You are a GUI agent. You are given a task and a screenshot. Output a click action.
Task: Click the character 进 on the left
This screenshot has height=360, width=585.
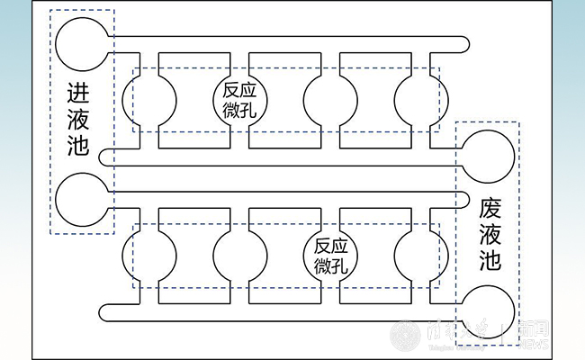78,93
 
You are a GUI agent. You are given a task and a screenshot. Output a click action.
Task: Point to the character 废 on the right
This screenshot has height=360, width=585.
489,206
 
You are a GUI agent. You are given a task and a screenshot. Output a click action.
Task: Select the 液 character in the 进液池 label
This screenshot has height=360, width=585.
78,119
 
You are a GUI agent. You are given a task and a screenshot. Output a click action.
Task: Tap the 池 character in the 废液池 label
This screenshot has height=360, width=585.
489,262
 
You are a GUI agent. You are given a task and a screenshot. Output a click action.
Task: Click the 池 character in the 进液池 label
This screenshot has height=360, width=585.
78,145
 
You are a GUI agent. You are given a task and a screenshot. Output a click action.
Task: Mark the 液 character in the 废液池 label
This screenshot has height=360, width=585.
489,234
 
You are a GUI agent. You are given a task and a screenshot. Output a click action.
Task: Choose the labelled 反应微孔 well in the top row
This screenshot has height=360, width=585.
238,99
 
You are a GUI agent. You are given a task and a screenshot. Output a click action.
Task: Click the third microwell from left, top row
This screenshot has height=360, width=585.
330,99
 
